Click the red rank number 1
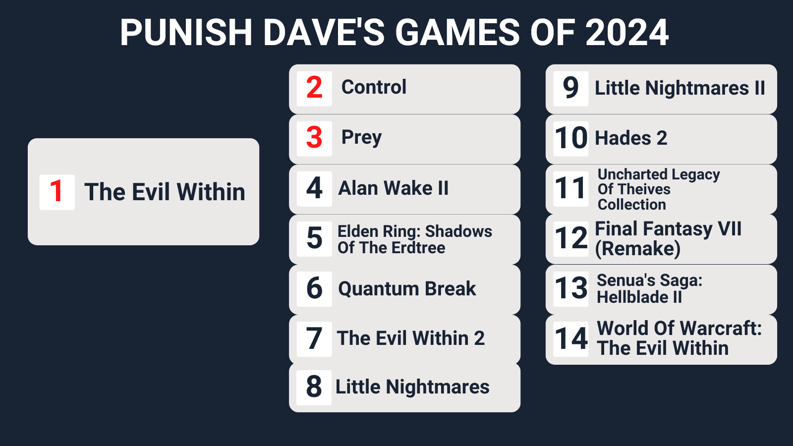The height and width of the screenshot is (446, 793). pyautogui.click(x=57, y=191)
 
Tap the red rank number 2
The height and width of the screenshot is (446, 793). pyautogui.click(x=314, y=88)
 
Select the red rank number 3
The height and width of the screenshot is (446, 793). pyautogui.click(x=314, y=138)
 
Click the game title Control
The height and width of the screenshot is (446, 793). pyautogui.click(x=374, y=87)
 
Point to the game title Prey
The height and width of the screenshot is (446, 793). pyautogui.click(x=361, y=137)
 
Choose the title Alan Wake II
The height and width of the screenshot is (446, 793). pyautogui.click(x=394, y=188)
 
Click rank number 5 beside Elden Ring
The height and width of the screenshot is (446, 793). pyautogui.click(x=314, y=238)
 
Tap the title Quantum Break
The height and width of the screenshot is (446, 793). pyautogui.click(x=407, y=288)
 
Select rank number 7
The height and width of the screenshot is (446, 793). pyautogui.click(x=314, y=338)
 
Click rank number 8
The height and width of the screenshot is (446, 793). pyautogui.click(x=314, y=387)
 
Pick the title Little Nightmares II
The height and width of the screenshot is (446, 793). pyautogui.click(x=680, y=88)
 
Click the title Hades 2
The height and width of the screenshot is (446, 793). pyautogui.click(x=631, y=138)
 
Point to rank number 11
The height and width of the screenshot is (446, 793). pyautogui.click(x=570, y=188)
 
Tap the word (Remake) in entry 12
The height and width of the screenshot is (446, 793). pyautogui.click(x=637, y=249)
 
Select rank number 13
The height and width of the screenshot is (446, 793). pyautogui.click(x=570, y=288)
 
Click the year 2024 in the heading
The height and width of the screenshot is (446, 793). pyautogui.click(x=627, y=33)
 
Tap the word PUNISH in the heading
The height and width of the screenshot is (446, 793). pyautogui.click(x=186, y=33)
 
